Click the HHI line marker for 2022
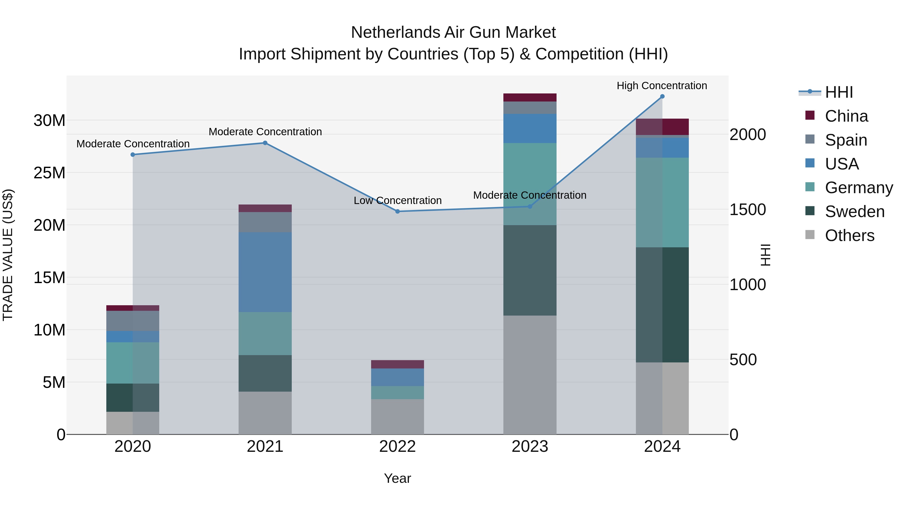pos(398,212)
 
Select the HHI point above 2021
pos(265,143)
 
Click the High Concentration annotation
pos(662,86)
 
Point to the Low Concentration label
pos(398,201)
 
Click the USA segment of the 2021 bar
pos(265,272)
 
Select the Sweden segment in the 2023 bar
pos(530,270)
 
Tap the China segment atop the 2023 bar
pos(530,97)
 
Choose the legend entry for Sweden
pos(855,212)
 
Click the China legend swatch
pos(810,115)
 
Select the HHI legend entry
pos(839,92)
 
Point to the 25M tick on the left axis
pos(49,173)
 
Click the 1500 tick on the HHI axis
pos(748,210)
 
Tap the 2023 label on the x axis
pos(530,447)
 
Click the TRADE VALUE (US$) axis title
pos(8,255)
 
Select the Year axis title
pos(398,478)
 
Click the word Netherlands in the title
pos(395,32)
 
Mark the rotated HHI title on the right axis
pos(765,255)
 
